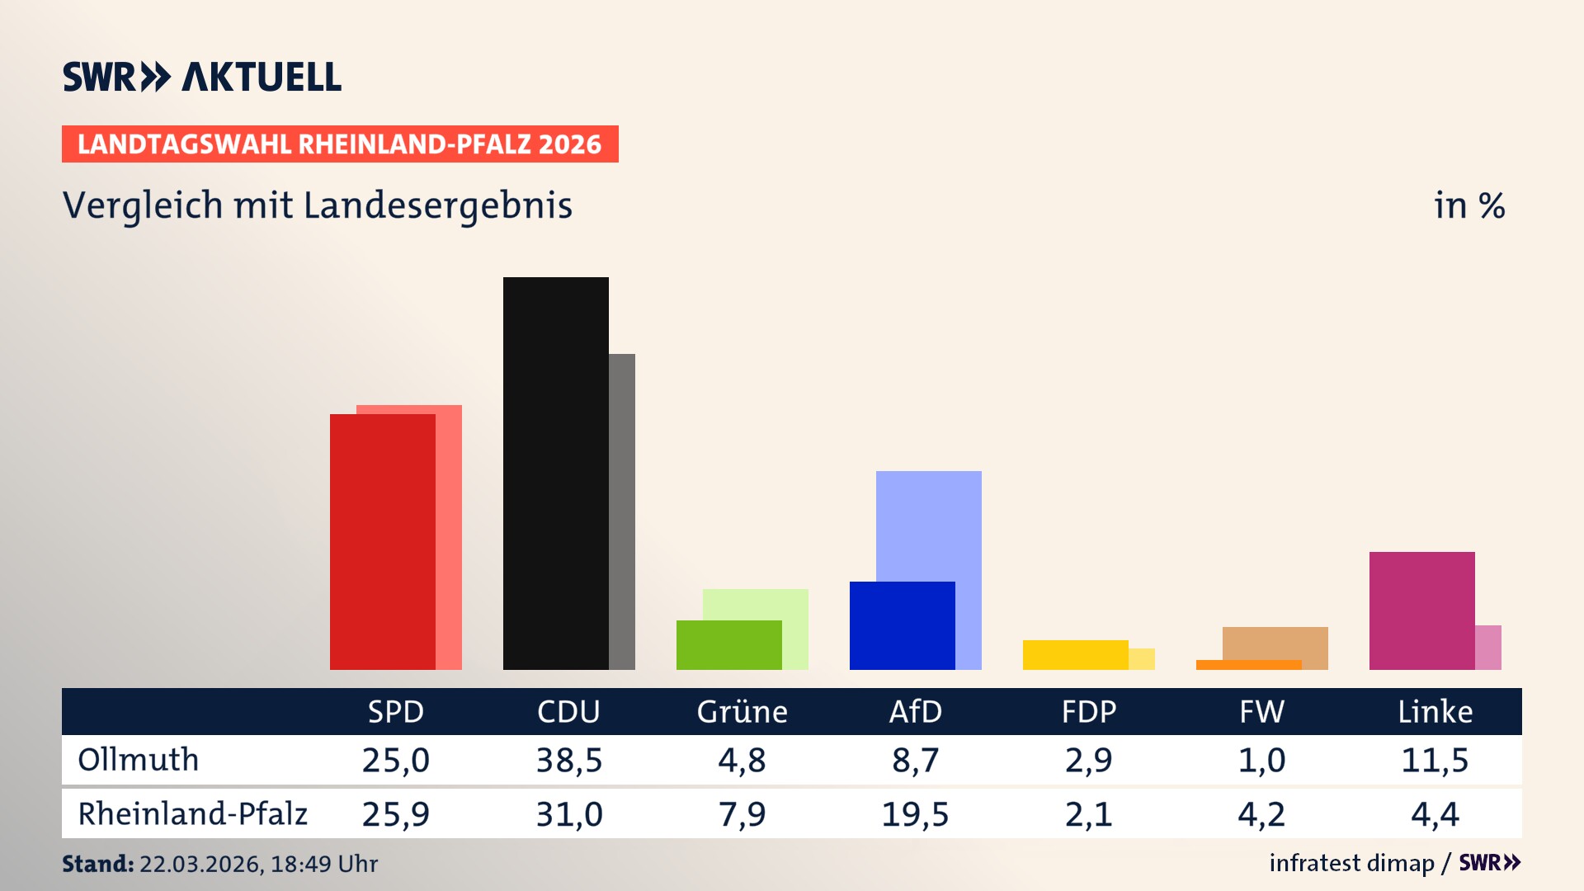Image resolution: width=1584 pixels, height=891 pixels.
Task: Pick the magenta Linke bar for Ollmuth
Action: [1421, 610]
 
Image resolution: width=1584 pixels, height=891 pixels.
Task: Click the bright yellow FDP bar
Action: [1075, 654]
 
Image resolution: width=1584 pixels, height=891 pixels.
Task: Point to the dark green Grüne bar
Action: [728, 644]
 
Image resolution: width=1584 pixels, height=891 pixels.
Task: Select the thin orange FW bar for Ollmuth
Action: [1248, 665]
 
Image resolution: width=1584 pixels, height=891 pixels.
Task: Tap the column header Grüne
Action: [742, 711]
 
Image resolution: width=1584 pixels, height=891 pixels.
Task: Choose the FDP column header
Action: [1088, 711]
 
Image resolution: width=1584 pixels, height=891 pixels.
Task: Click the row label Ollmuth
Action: [139, 760]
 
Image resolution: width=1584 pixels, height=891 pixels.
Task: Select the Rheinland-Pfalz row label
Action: [192, 814]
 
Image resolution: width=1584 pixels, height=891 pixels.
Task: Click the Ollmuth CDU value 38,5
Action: [568, 760]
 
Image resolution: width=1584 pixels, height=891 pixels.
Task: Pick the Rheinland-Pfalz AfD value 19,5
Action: [915, 814]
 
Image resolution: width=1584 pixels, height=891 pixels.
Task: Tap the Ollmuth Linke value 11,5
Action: [1435, 760]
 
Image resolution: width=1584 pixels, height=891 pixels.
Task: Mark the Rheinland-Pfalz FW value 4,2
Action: [1261, 814]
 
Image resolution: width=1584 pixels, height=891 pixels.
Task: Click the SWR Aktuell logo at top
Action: [201, 77]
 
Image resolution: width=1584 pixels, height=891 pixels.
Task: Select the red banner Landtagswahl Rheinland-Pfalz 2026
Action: [340, 144]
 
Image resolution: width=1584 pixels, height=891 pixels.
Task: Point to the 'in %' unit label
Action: [1469, 205]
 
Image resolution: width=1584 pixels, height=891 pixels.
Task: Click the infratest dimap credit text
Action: [1351, 863]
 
